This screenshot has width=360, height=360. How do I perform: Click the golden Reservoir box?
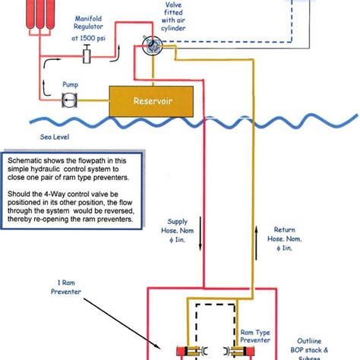(x=151, y=101)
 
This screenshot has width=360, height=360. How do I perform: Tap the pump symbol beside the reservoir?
(x=70, y=100)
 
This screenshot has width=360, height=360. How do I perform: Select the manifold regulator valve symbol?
(x=87, y=54)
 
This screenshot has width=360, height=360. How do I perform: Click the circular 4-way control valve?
(x=152, y=46)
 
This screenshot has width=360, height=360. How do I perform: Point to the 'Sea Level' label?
(x=55, y=137)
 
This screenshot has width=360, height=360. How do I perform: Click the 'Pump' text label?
(x=71, y=84)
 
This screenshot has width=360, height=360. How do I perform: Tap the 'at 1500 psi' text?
(x=88, y=38)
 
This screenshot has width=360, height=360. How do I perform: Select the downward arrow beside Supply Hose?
(x=201, y=234)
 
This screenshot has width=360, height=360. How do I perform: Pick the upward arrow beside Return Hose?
(x=256, y=243)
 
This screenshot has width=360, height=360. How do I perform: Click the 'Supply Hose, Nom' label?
(x=178, y=226)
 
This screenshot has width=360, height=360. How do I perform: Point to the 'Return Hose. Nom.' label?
(x=285, y=234)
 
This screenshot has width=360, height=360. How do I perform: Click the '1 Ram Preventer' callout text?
(x=66, y=287)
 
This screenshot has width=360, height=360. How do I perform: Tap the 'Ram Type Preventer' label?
(x=255, y=336)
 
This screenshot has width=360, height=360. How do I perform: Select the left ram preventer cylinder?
(x=192, y=351)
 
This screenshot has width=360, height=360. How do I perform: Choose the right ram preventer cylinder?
(x=239, y=351)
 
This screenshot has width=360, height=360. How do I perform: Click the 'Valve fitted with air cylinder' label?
(x=173, y=17)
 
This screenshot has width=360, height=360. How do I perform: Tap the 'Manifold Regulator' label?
(x=88, y=23)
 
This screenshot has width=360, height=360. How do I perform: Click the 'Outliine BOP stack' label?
(x=309, y=346)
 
